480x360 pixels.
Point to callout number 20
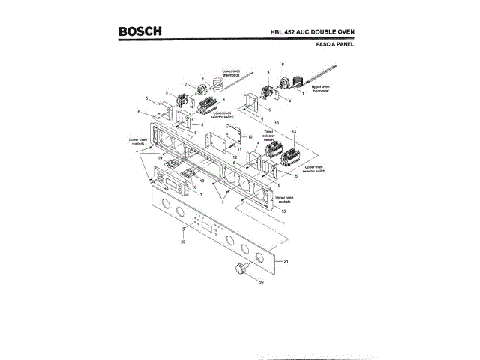pos(182,241)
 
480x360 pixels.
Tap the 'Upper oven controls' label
pos(285,199)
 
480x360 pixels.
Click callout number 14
pos(294,133)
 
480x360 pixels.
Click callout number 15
pos(283,211)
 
